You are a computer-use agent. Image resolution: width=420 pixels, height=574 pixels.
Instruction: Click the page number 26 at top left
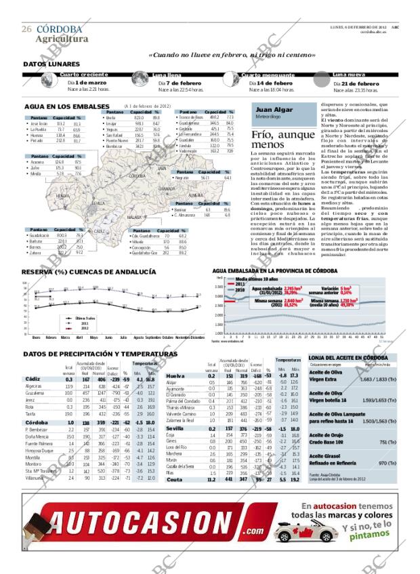point(26,29)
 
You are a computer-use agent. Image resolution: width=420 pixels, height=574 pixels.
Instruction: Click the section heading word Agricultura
point(62,39)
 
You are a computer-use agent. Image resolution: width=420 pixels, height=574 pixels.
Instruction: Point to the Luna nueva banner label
point(350,74)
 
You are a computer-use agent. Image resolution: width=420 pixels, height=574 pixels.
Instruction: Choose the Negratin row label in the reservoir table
point(182,178)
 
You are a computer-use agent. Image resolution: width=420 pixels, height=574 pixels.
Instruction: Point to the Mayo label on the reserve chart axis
point(93,337)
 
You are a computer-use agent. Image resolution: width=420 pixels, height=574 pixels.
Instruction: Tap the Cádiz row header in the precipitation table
point(32,378)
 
